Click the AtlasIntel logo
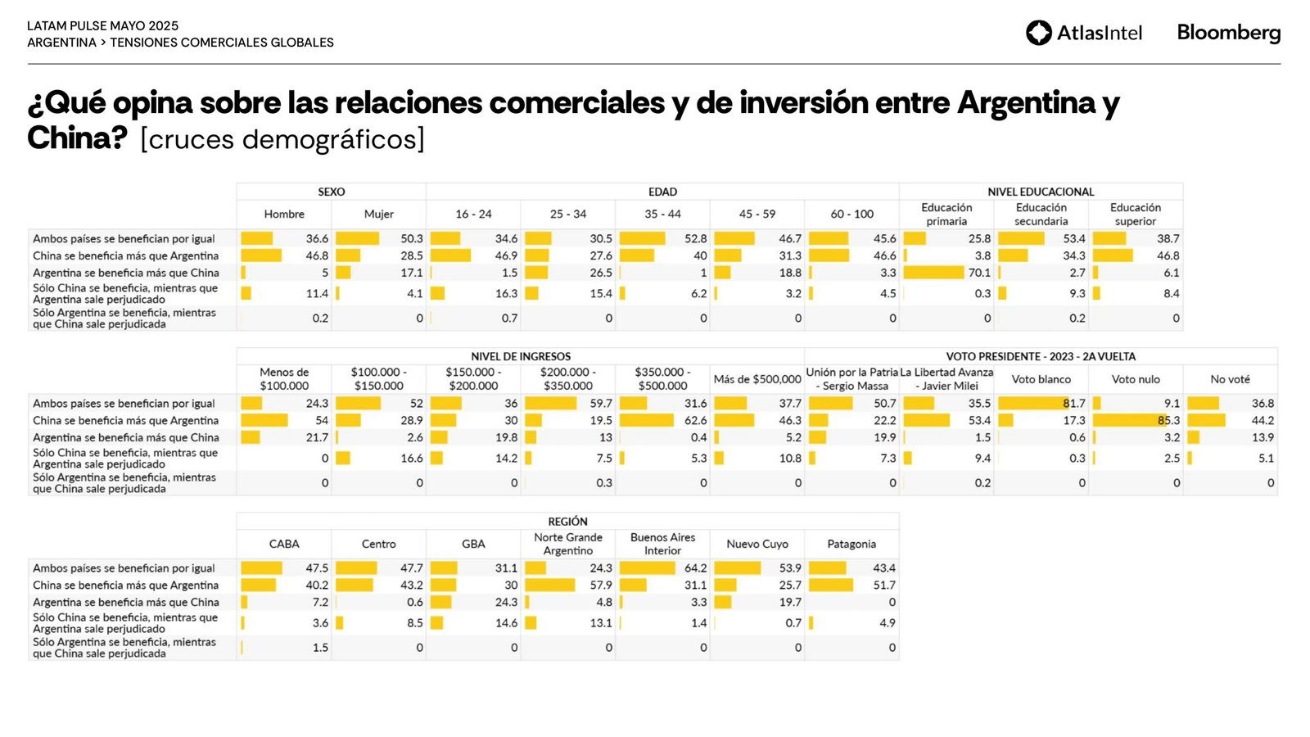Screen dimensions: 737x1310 click(x=1083, y=33)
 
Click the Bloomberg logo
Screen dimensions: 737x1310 click(x=1228, y=33)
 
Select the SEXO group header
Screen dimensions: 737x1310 click(x=331, y=192)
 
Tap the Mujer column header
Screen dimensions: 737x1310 click(x=378, y=214)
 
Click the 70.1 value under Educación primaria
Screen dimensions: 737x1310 click(x=979, y=273)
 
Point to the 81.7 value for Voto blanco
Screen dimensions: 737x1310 click(x=1073, y=404)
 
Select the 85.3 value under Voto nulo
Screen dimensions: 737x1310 click(x=1168, y=421)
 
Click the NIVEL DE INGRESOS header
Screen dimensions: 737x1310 click(x=521, y=356)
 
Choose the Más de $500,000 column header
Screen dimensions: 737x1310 click(x=757, y=379)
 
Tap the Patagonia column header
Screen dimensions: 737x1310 click(x=851, y=544)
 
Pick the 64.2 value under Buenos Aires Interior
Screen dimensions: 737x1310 click(x=695, y=568)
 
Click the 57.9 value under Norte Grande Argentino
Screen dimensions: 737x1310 click(x=600, y=586)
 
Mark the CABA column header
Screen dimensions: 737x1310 click(x=284, y=544)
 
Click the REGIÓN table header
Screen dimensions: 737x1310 click(x=567, y=521)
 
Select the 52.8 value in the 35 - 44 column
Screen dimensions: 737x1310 click(x=695, y=239)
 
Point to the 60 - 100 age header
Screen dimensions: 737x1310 click(x=851, y=214)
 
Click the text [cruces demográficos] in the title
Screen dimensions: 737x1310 click(x=282, y=139)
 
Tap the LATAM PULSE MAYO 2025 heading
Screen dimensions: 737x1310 click(x=102, y=26)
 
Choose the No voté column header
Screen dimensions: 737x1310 click(x=1230, y=379)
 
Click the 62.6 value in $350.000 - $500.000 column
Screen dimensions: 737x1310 click(x=695, y=421)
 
